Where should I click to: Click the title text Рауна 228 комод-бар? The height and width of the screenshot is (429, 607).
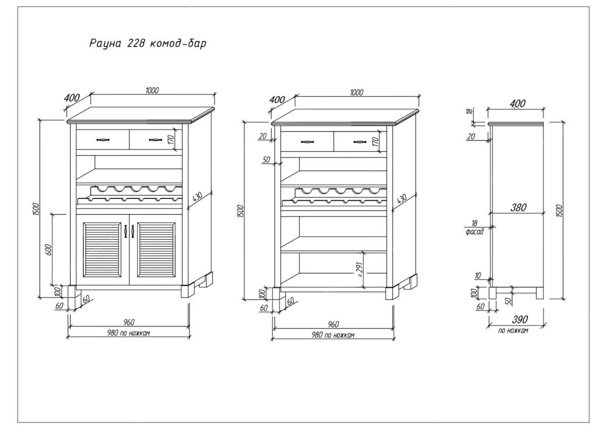pos(148,44)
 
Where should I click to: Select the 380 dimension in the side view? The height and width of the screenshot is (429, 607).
pos(519,207)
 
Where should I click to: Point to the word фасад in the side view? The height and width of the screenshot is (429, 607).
pos(474,232)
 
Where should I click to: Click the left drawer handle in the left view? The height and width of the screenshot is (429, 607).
pos(103,140)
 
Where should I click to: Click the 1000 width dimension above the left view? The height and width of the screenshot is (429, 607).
pos(152,90)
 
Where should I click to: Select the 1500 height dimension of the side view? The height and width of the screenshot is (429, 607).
pos(560,210)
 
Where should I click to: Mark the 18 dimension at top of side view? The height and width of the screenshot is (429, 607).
pos(469,112)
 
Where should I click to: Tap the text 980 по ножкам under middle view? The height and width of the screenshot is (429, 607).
pos(332,335)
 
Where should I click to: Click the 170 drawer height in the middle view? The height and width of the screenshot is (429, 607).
pos(375,141)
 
